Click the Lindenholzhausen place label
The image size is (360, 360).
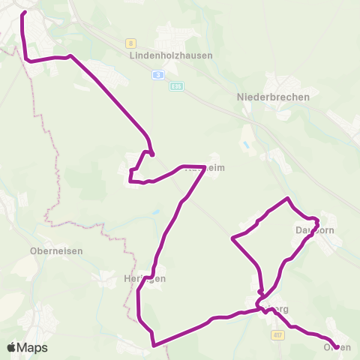click(170, 55)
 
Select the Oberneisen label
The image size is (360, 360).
click(55, 250)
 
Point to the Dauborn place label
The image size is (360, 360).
click(314, 229)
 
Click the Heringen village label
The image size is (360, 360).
click(144, 278)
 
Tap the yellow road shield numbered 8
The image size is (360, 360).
click(130, 43)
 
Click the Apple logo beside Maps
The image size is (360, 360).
click(12, 347)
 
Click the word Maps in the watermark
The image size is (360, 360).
click(33, 348)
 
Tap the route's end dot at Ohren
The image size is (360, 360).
click(336, 346)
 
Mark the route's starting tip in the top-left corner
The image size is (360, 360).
click(25, 13)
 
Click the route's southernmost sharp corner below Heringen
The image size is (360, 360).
click(153, 346)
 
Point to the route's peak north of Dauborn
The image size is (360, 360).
click(287, 199)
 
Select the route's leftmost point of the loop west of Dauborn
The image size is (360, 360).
click(232, 238)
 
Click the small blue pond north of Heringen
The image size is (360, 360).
click(156, 213)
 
